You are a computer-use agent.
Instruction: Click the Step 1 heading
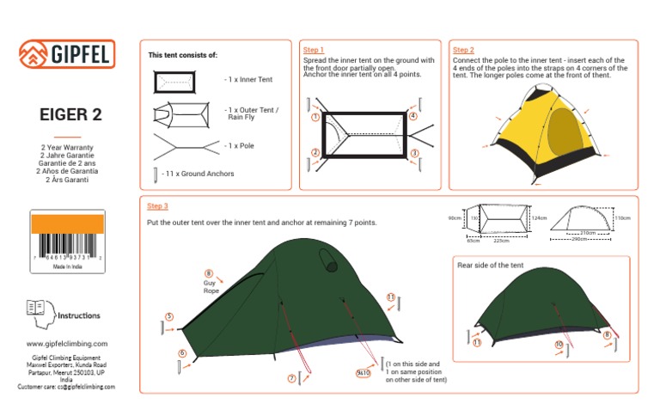tap(314, 51)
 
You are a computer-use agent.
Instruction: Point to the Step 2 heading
tap(463, 51)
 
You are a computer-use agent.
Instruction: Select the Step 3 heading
tap(157, 206)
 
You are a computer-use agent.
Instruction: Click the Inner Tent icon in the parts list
tap(175, 82)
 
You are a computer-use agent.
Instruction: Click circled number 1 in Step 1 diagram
tap(316, 118)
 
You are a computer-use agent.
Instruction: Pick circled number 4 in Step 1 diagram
tap(413, 116)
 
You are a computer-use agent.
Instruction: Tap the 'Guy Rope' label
tap(211, 287)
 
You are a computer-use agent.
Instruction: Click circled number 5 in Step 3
tap(169, 317)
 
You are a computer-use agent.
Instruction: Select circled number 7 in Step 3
tap(292, 378)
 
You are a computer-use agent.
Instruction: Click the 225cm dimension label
tap(501, 242)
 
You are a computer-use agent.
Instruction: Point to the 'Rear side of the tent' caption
tap(490, 266)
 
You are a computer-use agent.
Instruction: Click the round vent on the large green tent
tap(327, 259)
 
